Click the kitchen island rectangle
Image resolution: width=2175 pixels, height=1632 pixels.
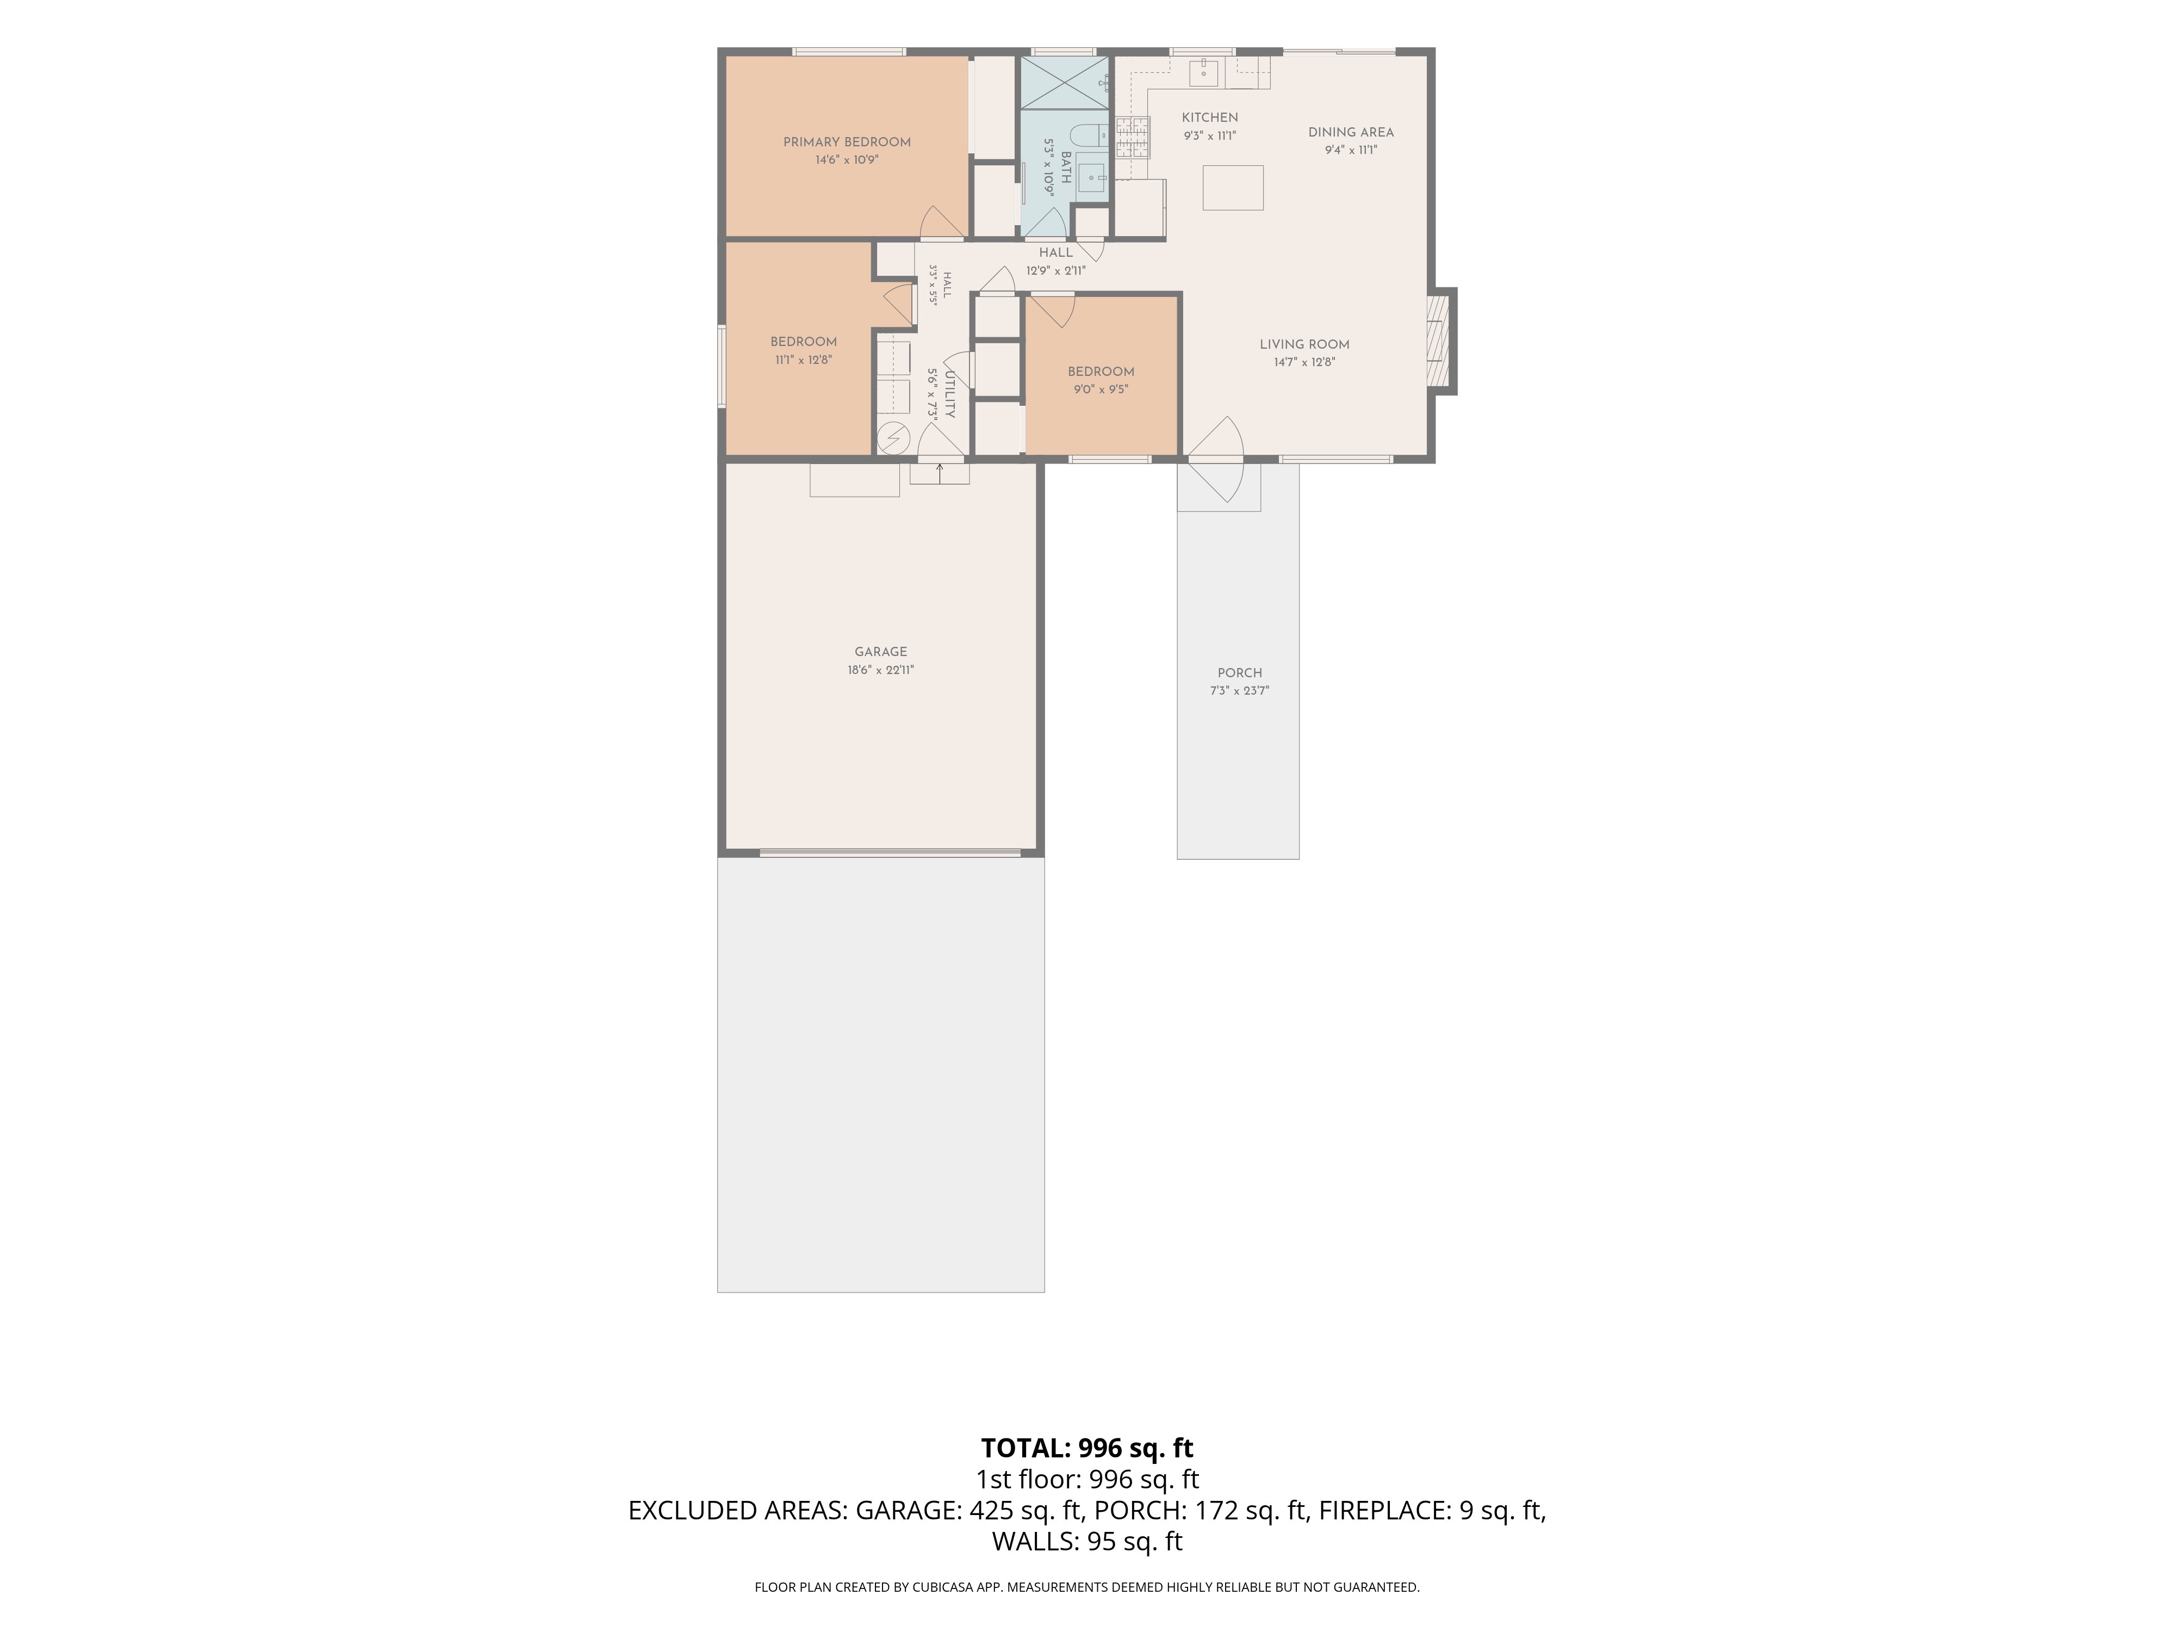[x=1233, y=188]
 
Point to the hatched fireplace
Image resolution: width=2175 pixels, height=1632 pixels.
[x=1439, y=341]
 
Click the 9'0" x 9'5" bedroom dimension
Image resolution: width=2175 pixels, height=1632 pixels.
[x=1101, y=390]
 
